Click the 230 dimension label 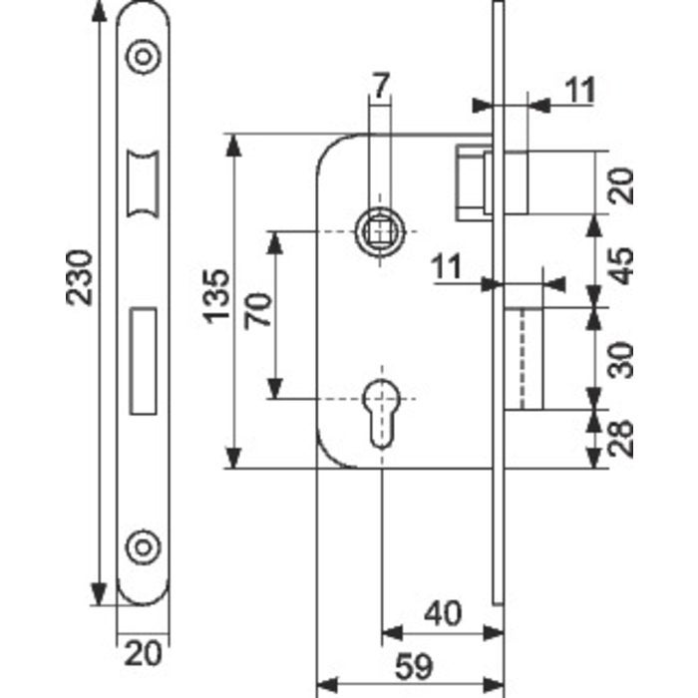(x=79, y=278)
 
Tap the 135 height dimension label (x=216, y=295)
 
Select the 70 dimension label (x=258, y=311)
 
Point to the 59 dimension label (x=414, y=666)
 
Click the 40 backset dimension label (x=443, y=613)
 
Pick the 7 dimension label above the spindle (x=381, y=86)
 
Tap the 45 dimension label (x=620, y=265)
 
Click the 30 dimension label (x=620, y=360)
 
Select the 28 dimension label (x=620, y=439)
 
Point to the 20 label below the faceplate (x=143, y=654)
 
